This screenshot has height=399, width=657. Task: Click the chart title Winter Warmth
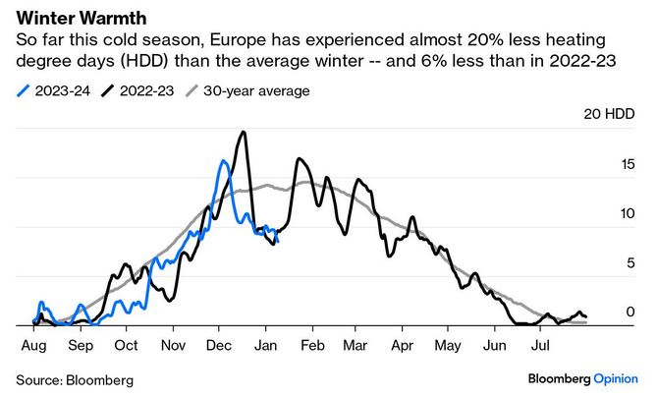[x=70, y=18]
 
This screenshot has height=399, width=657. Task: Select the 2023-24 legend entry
[x=55, y=91]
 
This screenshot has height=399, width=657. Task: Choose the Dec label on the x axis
[x=219, y=346]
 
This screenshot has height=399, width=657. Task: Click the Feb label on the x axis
[x=312, y=346]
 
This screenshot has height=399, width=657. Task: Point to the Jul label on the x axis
[x=540, y=346]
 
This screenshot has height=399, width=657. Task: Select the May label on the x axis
[x=448, y=346]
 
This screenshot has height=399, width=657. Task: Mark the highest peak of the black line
[x=243, y=132]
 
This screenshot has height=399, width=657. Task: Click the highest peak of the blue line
[x=224, y=161]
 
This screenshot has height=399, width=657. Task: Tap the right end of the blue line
[x=278, y=241]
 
